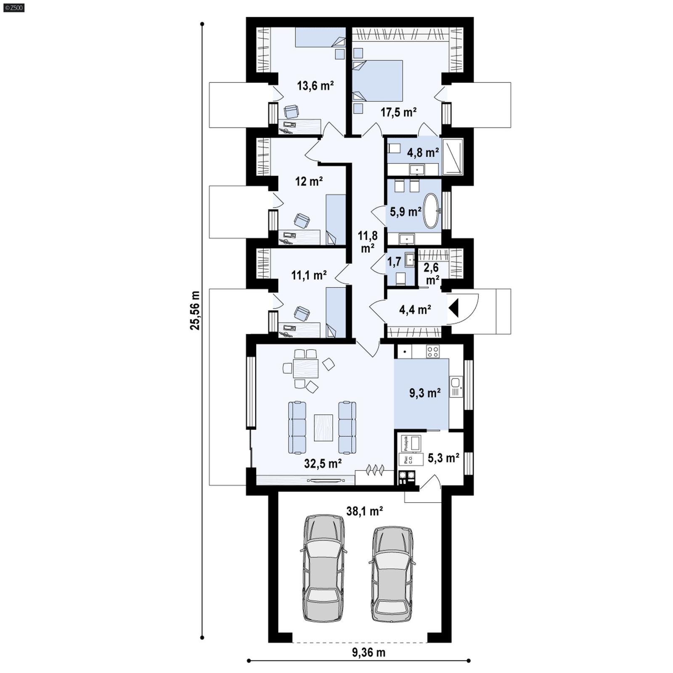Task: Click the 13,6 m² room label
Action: tap(315, 86)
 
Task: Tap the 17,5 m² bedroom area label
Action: tap(398, 112)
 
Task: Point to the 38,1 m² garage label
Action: tap(364, 511)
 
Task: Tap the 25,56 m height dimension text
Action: tap(195, 310)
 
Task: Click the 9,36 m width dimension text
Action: tap(368, 652)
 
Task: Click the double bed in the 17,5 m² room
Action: tap(378, 81)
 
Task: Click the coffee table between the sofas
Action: tap(323, 428)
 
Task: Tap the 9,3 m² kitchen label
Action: tap(425, 393)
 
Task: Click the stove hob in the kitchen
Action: tap(432, 351)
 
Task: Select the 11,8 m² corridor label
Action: tap(368, 241)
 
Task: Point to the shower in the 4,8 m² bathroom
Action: tap(452, 156)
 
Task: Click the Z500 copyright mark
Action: tap(13, 8)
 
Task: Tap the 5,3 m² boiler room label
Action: tap(443, 458)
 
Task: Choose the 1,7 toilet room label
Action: tap(394, 262)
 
